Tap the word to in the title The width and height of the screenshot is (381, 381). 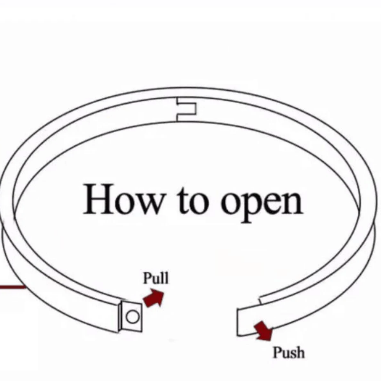point(193,201)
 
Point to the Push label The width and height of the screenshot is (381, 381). point(289,352)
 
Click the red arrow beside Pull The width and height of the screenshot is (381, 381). point(153,298)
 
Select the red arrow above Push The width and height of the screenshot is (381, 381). point(264,331)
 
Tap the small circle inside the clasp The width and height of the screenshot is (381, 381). point(133,317)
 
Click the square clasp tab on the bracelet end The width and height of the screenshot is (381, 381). point(131,316)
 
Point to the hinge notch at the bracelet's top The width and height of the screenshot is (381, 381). point(186,109)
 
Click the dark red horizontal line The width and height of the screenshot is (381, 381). point(13,287)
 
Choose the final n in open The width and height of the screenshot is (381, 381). point(293,203)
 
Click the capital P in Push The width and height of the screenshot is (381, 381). point(277,352)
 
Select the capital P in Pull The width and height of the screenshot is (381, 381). point(147,278)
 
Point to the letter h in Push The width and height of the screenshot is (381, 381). point(300,352)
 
